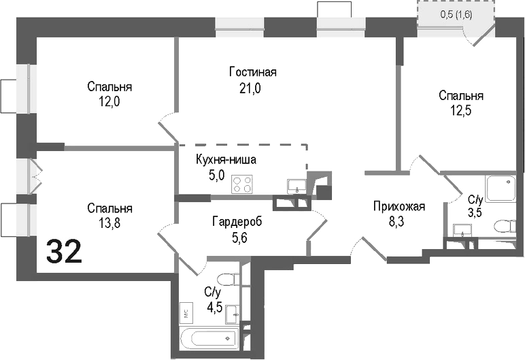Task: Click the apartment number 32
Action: click(65, 252)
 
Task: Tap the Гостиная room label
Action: click(253, 72)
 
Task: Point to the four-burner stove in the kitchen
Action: click(242, 184)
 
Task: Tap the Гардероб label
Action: click(237, 222)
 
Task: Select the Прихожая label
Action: click(399, 207)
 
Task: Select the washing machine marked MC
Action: click(185, 313)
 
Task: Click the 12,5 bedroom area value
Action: click(461, 110)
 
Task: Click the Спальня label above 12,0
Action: click(109, 86)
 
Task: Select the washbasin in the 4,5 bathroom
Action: click(233, 313)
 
